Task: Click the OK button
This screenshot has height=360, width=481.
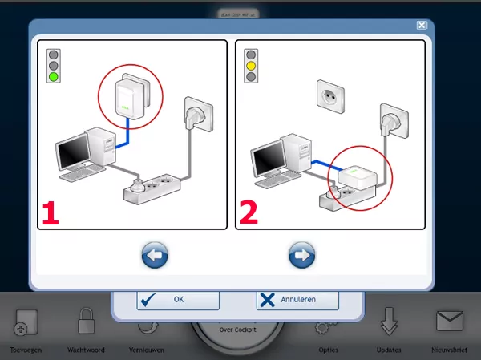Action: click(x=178, y=299)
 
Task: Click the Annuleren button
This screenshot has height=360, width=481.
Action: click(x=297, y=299)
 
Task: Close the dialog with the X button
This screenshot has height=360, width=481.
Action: click(x=421, y=25)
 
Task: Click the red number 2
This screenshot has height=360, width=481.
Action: click(x=249, y=212)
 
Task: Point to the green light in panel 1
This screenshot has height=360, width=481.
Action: click(x=54, y=78)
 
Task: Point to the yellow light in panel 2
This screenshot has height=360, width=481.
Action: click(x=251, y=66)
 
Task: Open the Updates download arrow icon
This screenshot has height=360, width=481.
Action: click(x=389, y=322)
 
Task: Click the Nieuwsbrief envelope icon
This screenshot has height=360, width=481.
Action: click(x=450, y=322)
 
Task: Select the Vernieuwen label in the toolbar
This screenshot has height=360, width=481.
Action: click(x=146, y=350)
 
